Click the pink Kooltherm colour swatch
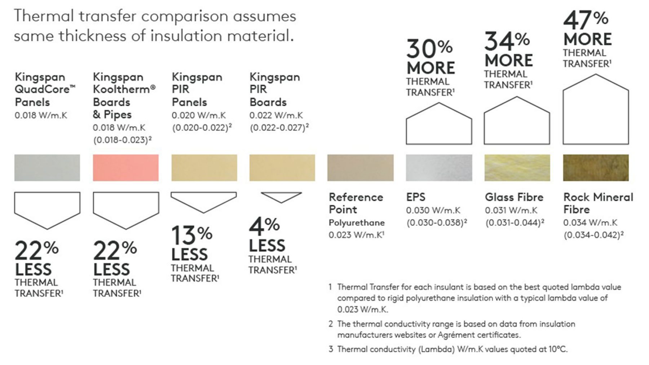(x=125, y=168)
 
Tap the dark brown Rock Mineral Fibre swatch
(x=596, y=168)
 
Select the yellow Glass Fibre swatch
(x=517, y=168)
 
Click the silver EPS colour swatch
(x=439, y=168)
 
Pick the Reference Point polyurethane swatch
(x=360, y=168)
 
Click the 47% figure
(x=586, y=20)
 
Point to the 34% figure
(x=507, y=41)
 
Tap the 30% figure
(x=429, y=49)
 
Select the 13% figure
(x=191, y=235)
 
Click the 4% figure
(x=264, y=226)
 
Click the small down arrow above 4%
(x=281, y=197)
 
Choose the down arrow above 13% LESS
(x=204, y=201)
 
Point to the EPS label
(x=416, y=197)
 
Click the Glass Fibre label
(x=514, y=197)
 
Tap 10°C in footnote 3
(x=558, y=349)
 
